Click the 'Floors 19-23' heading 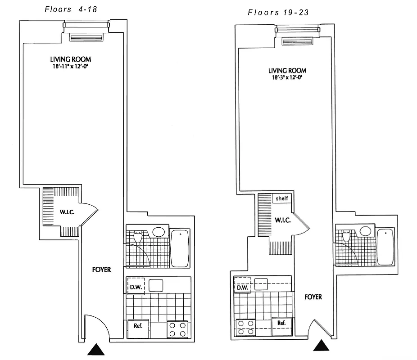278,13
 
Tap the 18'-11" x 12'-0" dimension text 71,66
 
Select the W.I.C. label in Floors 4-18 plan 67,211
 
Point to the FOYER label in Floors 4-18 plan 101,270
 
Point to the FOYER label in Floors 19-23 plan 313,297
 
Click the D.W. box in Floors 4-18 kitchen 136,286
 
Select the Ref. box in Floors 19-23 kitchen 281,323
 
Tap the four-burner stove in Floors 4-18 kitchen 177,329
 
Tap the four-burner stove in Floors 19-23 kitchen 246,327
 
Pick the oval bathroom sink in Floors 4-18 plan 158,232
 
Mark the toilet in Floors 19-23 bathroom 346,236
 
